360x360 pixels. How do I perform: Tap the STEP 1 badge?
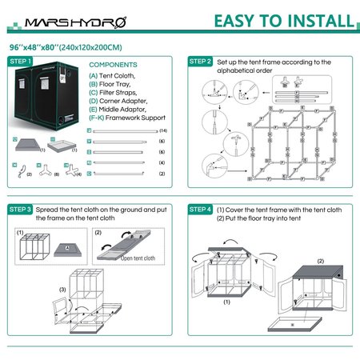(20, 61)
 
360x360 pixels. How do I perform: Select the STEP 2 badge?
(200, 61)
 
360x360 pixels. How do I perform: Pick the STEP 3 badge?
(20, 210)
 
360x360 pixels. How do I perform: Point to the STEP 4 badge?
(200, 210)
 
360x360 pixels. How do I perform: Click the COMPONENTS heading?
(112, 66)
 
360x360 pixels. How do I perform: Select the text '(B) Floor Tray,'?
(110, 83)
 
